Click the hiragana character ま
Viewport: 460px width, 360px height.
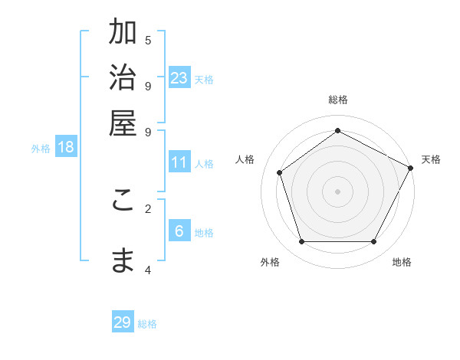pyautogui.click(x=123, y=260)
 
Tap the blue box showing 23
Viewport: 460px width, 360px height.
pyautogui.click(x=179, y=77)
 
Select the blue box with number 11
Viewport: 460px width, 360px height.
pyautogui.click(x=179, y=162)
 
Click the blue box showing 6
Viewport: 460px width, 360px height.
pyautogui.click(x=179, y=231)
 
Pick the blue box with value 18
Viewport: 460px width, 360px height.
pyautogui.click(x=66, y=148)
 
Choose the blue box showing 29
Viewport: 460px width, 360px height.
pyautogui.click(x=123, y=322)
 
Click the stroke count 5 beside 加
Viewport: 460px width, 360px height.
pyautogui.click(x=148, y=41)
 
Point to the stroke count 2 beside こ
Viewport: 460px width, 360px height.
pyautogui.click(x=148, y=208)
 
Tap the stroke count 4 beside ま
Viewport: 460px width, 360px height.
pyautogui.click(x=148, y=270)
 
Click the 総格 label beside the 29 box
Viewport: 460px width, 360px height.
pyautogui.click(x=148, y=324)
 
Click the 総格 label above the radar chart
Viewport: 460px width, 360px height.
pyautogui.click(x=338, y=100)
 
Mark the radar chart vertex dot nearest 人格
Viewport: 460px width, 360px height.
pyautogui.click(x=280, y=172)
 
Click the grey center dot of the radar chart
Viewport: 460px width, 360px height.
pyautogui.click(x=338, y=191)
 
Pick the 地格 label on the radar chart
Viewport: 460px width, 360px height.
pyautogui.click(x=402, y=262)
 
